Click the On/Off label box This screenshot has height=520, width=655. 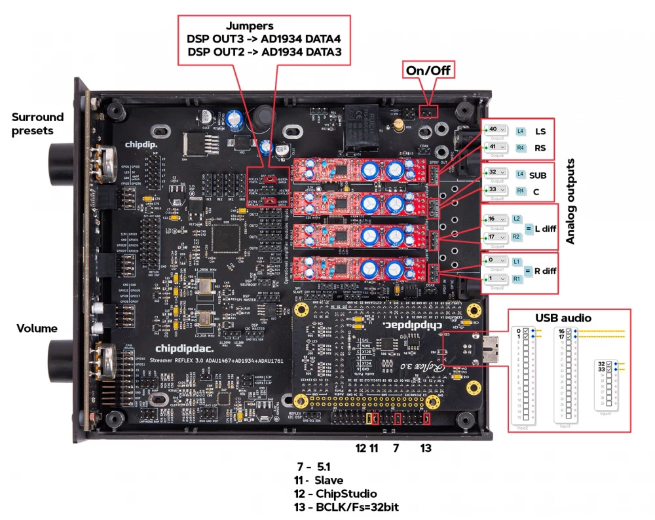point(429,70)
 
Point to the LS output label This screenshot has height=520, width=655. point(540,131)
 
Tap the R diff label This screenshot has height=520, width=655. point(544,269)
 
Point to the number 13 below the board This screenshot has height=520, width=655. point(426,448)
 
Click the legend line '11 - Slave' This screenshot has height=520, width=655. point(319,480)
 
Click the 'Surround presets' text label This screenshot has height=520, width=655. point(38,124)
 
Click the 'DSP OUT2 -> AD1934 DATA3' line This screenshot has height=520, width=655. point(265,52)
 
